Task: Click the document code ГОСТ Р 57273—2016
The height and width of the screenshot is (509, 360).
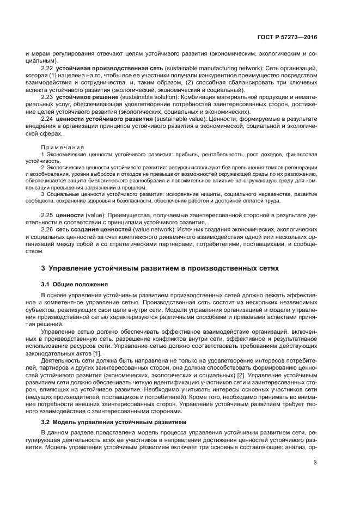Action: pos(286,38)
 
